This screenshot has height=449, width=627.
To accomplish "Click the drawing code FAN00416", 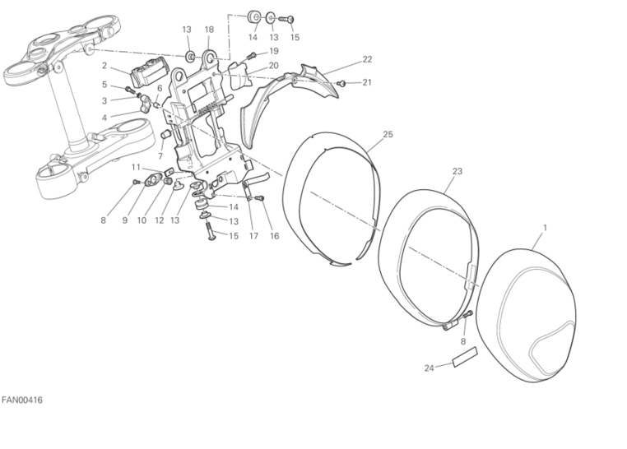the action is pyautogui.click(x=22, y=400).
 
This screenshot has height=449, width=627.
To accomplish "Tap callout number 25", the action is pyautogui.click(x=388, y=134).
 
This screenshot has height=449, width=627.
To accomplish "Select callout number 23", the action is pyautogui.click(x=457, y=171).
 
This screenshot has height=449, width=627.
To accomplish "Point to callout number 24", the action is pyautogui.click(x=429, y=368).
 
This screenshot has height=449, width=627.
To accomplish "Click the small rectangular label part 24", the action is pyautogui.click(x=465, y=356).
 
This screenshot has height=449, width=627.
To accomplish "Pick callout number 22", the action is pyautogui.click(x=367, y=59).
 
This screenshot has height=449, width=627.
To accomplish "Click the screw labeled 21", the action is pyautogui.click(x=342, y=83).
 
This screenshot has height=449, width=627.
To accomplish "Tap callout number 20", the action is pyautogui.click(x=273, y=66).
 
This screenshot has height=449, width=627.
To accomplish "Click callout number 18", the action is pyautogui.click(x=209, y=29).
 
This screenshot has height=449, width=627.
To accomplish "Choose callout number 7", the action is pyautogui.click(x=160, y=155).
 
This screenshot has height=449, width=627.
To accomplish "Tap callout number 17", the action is pyautogui.click(x=253, y=236).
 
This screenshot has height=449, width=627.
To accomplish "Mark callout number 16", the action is pyautogui.click(x=274, y=236).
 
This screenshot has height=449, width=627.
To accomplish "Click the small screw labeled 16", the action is pyautogui.click(x=261, y=197).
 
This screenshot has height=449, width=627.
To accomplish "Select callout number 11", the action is pyautogui.click(x=136, y=167).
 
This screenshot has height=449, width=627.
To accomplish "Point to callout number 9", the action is pyautogui.click(x=125, y=220).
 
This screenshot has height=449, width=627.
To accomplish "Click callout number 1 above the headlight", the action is pyautogui.click(x=545, y=228).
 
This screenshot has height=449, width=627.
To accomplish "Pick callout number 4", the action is pyautogui.click(x=104, y=118).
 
